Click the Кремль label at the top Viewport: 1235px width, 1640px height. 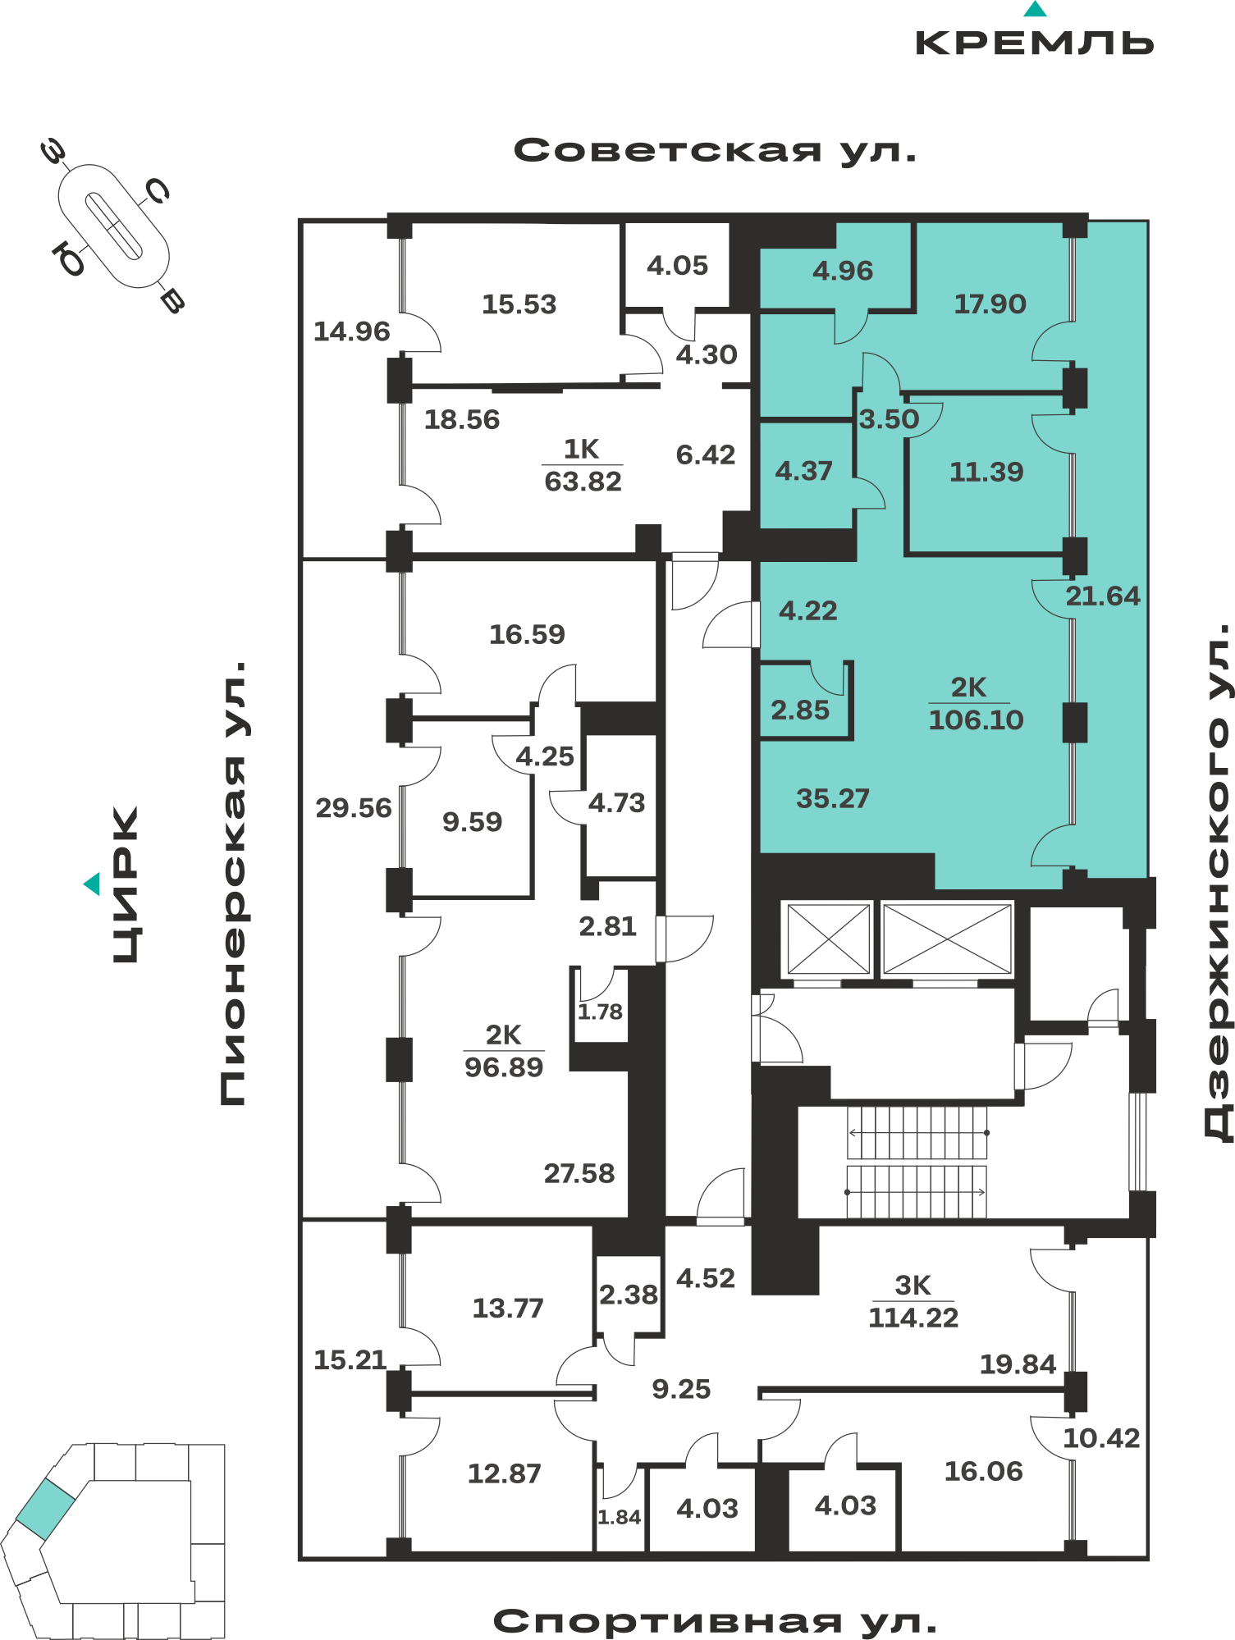point(1034,43)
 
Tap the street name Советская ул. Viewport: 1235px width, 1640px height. point(715,151)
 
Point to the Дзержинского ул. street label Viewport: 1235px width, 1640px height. point(1218,882)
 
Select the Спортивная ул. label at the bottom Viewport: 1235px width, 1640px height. point(715,1621)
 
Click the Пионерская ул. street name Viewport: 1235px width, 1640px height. point(233,883)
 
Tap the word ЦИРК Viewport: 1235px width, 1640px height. point(126,884)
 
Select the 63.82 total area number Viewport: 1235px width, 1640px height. point(583,481)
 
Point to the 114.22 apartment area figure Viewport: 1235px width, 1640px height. point(913,1318)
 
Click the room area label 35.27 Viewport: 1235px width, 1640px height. point(833,798)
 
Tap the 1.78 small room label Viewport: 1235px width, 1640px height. point(600,1012)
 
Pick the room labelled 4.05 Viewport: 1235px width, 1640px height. point(677,265)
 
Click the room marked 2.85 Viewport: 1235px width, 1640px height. point(800,710)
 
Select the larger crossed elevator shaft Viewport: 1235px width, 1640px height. point(947,939)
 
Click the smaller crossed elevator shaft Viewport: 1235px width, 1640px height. point(828,939)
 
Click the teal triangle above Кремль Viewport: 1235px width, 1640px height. point(1036,9)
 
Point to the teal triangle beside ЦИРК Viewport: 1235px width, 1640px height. point(92,884)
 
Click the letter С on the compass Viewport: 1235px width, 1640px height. point(157,192)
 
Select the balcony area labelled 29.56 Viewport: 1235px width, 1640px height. point(354,808)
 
